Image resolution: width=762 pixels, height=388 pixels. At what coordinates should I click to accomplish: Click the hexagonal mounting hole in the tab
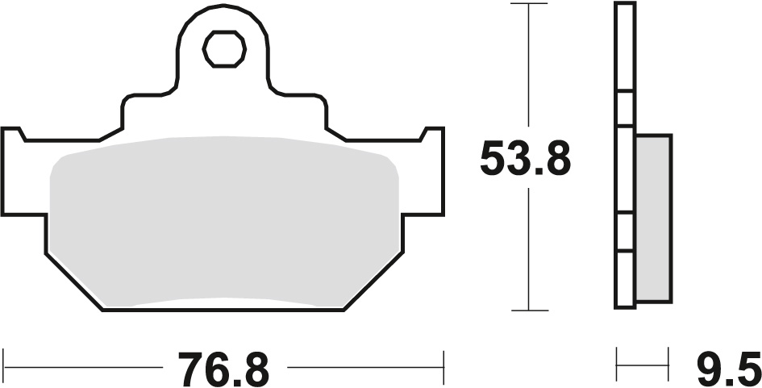point(224,50)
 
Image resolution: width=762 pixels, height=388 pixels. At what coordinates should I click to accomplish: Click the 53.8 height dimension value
point(525,159)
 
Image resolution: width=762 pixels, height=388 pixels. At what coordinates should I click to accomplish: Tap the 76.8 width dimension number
point(223,370)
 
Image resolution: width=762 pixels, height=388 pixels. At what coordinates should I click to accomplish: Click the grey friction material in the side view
point(653,218)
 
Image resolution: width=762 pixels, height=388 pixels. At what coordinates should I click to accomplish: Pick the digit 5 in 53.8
point(494,159)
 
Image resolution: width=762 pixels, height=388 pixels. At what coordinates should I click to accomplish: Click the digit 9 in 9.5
point(706,370)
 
